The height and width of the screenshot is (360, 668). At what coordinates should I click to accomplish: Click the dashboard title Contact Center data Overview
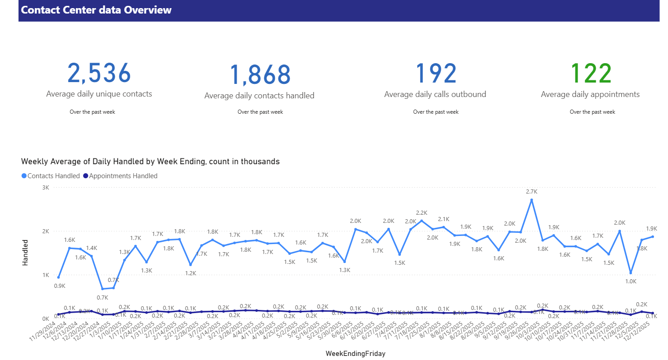tap(96, 10)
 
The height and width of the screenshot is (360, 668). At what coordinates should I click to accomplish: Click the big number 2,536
tap(99, 73)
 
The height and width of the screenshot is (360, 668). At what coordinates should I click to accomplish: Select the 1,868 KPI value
tap(260, 75)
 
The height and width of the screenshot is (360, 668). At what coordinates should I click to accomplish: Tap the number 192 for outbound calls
tap(436, 74)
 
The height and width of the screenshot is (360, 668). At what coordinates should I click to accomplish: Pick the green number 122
tap(591, 74)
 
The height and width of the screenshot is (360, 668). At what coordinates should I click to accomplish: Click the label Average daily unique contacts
tap(99, 94)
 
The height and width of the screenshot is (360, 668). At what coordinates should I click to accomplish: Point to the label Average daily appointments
tap(590, 94)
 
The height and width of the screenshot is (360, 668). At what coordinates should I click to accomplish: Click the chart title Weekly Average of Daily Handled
tap(150, 162)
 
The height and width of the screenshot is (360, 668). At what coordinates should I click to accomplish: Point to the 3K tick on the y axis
tap(46, 187)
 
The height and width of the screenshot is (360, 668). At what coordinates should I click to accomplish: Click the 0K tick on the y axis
tap(46, 318)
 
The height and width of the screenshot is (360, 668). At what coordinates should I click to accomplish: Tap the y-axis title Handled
tap(25, 252)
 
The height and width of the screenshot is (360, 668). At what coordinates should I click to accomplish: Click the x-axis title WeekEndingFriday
tap(355, 354)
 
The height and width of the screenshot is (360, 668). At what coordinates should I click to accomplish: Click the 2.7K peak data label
tap(532, 192)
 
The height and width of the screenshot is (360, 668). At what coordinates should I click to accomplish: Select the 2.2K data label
tap(422, 213)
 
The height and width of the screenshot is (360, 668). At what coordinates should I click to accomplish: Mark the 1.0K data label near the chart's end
tap(631, 281)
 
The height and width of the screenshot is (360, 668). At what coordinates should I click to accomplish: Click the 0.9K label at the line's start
tap(60, 286)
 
